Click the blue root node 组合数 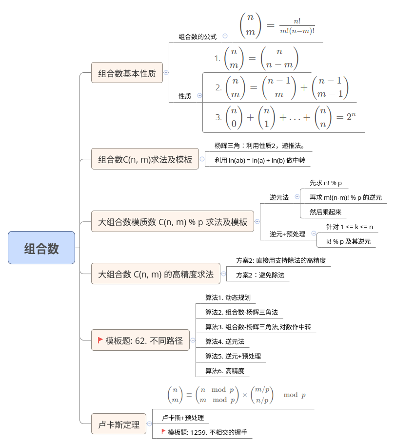[x=41, y=248]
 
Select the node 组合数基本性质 [x=127, y=72]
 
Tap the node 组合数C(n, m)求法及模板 [x=145, y=159]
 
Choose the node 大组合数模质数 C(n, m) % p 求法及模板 [x=172, y=221]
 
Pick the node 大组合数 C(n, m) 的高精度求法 [x=156, y=274]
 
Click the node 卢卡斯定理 [x=118, y=424]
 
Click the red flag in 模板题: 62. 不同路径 [x=100, y=340]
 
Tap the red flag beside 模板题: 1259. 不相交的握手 [x=163, y=431]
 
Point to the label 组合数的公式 [x=197, y=37]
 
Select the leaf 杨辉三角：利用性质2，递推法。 [x=259, y=146]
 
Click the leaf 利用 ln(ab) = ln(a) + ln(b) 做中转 [x=259, y=160]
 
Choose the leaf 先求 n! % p [x=325, y=183]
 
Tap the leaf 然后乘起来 [x=325, y=212]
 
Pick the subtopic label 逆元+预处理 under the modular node [x=287, y=234]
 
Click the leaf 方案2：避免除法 [x=260, y=275]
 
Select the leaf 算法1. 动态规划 [x=228, y=297]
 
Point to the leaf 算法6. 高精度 [x=225, y=371]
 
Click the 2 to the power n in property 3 [x=351, y=116]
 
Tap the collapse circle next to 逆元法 [x=297, y=196]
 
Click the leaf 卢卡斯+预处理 [x=183, y=418]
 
